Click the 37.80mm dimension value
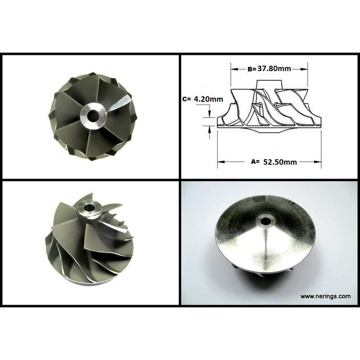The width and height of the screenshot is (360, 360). click(x=274, y=68)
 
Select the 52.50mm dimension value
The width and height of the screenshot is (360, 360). click(x=280, y=162)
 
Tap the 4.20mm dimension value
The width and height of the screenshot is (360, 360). click(x=208, y=99)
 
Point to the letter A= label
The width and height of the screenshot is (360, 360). click(x=255, y=162)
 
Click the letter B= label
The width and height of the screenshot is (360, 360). click(x=252, y=69)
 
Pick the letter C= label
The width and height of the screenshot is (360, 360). click(x=186, y=99)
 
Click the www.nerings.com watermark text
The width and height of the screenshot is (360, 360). click(x=325, y=296)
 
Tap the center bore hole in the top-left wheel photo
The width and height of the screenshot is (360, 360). click(x=93, y=114)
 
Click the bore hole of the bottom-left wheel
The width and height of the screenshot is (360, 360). click(x=89, y=208)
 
